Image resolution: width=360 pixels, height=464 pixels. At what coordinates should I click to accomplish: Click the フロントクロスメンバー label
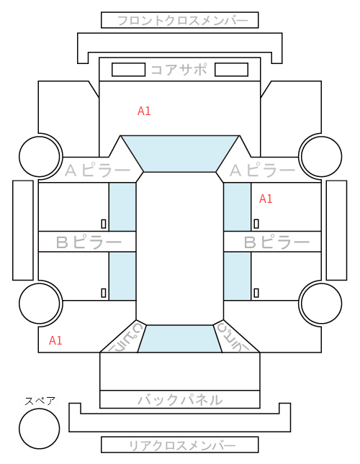[182, 21]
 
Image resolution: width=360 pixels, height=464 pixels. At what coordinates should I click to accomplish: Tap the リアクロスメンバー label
[182, 445]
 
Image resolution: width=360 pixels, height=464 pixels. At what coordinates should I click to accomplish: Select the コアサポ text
[179, 70]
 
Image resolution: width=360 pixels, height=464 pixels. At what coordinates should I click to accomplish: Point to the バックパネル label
[180, 400]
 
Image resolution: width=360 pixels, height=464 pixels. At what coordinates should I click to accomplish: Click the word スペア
[40, 401]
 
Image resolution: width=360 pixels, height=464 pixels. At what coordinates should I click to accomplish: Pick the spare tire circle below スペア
[40, 429]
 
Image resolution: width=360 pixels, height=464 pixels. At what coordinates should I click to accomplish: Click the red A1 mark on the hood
[144, 111]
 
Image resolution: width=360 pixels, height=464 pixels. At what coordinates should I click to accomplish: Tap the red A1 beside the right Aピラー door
[266, 199]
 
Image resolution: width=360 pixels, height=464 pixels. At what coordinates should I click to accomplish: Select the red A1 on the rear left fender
[55, 340]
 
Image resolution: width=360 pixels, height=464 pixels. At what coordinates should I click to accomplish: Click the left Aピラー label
[97, 170]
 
